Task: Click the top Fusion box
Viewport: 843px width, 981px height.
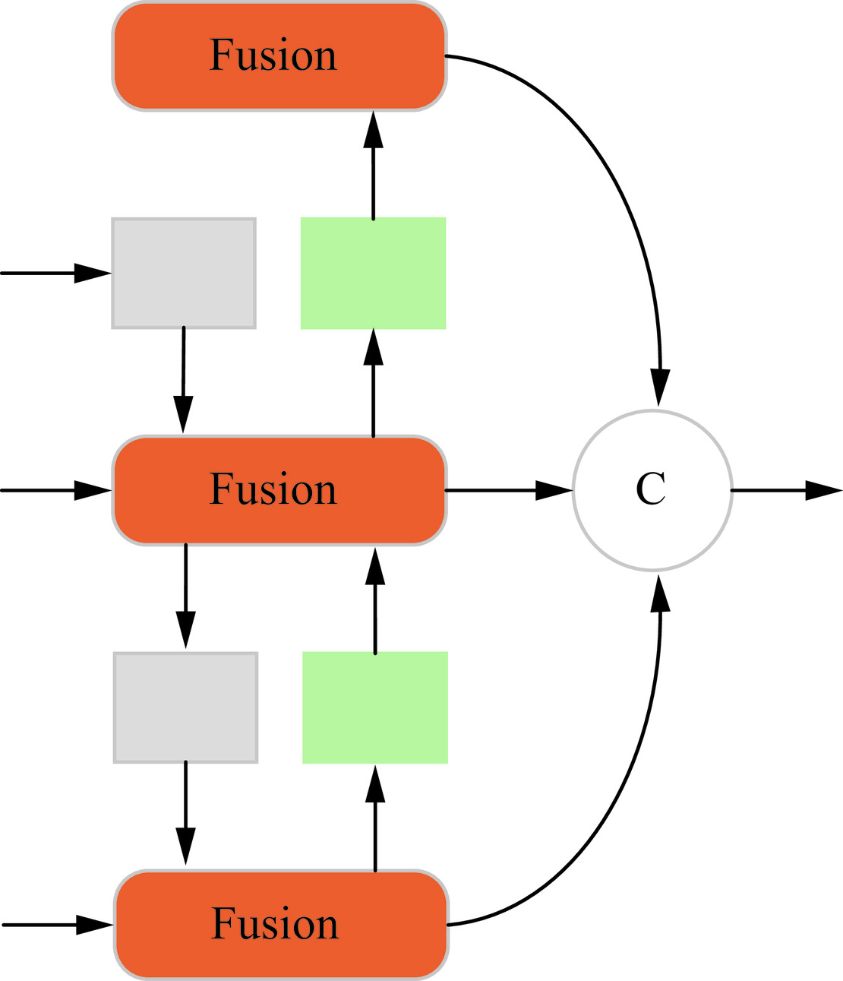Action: pyautogui.click(x=279, y=56)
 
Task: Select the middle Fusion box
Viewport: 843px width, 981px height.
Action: pyautogui.click(x=279, y=490)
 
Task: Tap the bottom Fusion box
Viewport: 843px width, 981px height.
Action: pyautogui.click(x=281, y=925)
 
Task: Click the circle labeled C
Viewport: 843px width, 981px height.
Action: pyautogui.click(x=652, y=490)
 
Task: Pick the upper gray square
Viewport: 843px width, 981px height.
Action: pyautogui.click(x=184, y=274)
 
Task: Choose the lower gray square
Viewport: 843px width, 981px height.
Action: pyautogui.click(x=185, y=707)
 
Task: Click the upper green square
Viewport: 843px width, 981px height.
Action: pyautogui.click(x=373, y=274)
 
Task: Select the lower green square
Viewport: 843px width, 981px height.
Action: pyautogui.click(x=375, y=707)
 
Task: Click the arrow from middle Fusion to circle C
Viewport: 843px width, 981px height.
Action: pyautogui.click(x=509, y=490)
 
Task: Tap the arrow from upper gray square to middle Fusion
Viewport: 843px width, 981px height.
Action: pyautogui.click(x=183, y=380)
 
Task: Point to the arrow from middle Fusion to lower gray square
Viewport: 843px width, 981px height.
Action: pyautogui.click(x=185, y=597)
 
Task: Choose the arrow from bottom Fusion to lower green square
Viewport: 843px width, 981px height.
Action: pyautogui.click(x=375, y=817)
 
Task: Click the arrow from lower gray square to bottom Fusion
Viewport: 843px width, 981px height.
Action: pyautogui.click(x=185, y=813)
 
